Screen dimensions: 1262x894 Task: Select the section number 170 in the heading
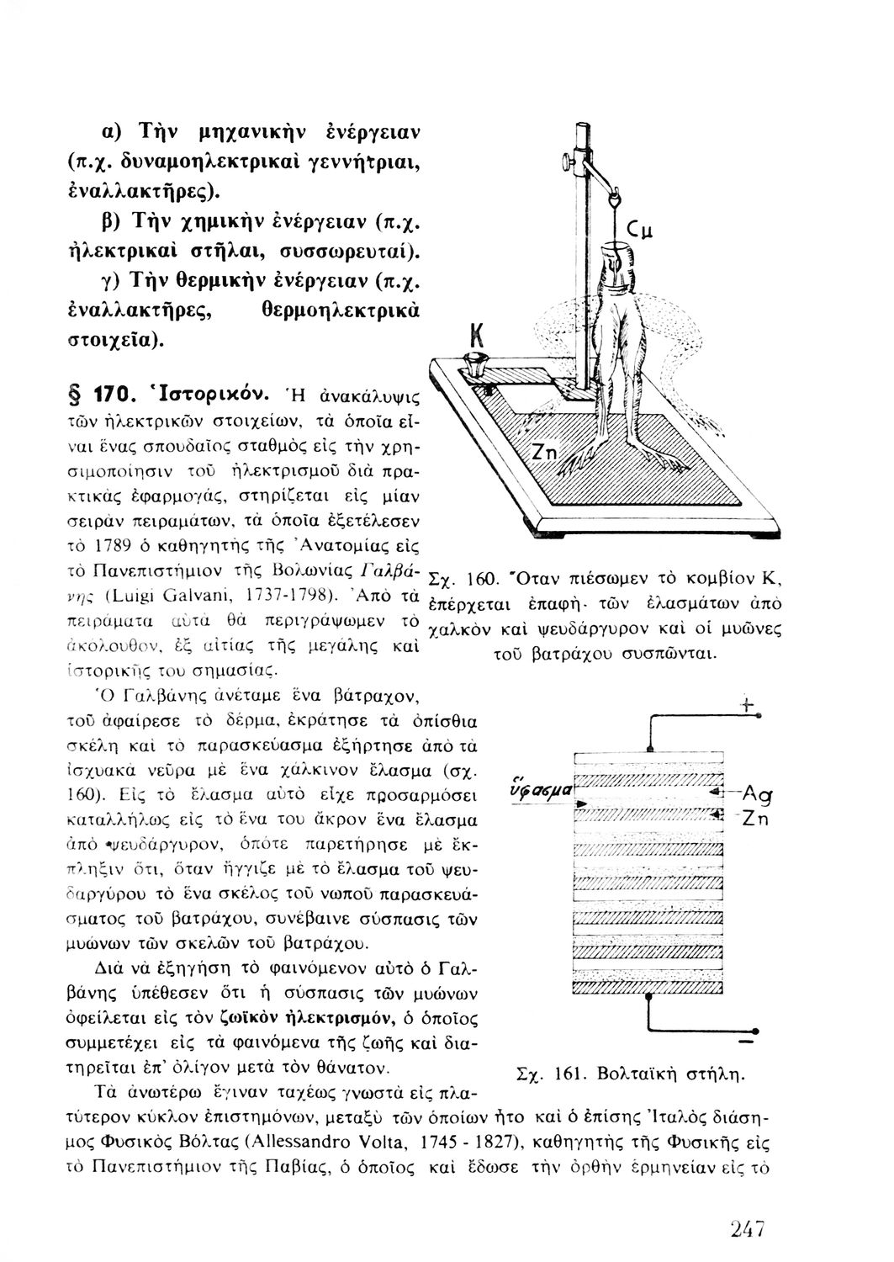(107, 392)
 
